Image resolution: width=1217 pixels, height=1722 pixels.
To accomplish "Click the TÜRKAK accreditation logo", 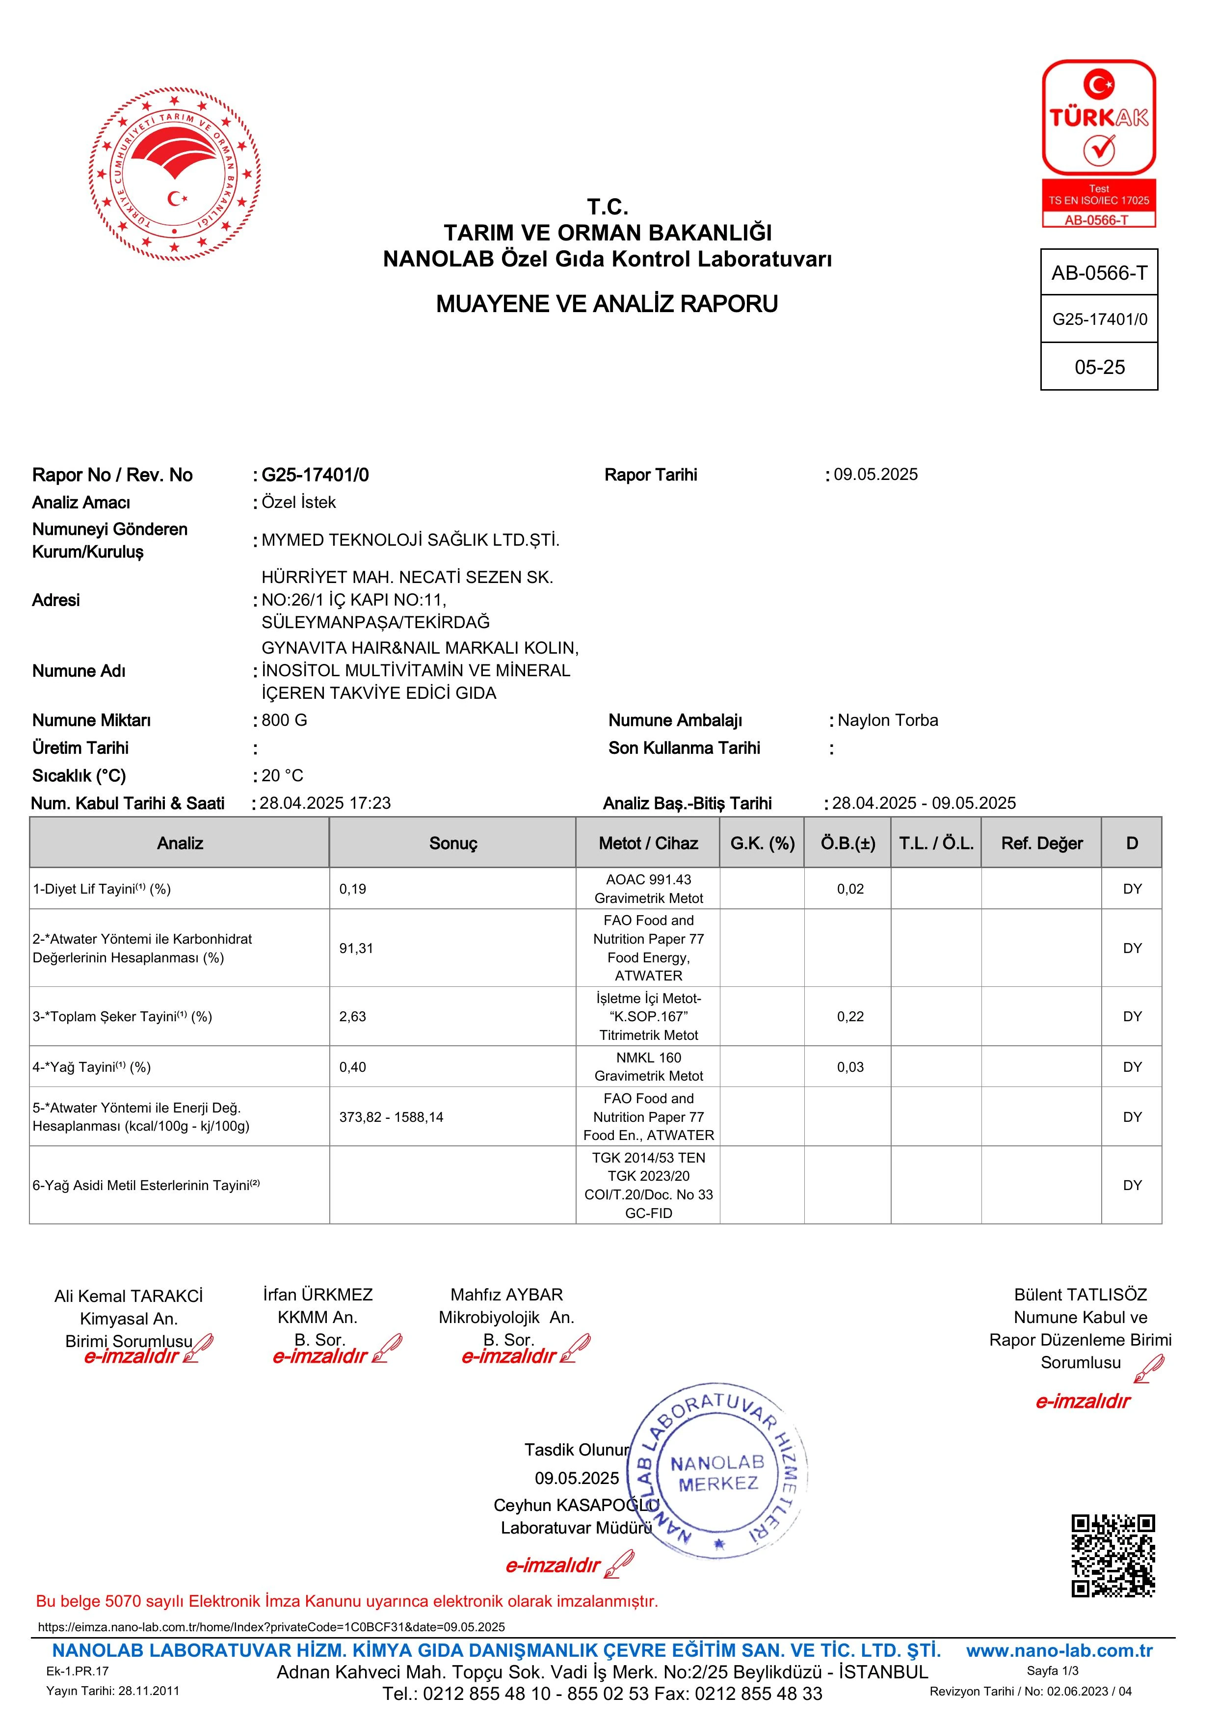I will pyautogui.click(x=1099, y=142).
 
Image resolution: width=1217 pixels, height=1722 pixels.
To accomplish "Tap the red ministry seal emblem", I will pyautogui.click(x=174, y=174).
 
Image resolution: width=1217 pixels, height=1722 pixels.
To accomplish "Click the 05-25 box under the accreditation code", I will pyautogui.click(x=1099, y=367).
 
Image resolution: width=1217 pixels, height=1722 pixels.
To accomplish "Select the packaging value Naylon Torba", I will pyautogui.click(x=888, y=720).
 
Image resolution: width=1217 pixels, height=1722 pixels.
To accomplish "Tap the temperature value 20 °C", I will pyautogui.click(x=282, y=775).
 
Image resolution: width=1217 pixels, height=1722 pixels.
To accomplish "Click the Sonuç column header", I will pyautogui.click(x=453, y=843).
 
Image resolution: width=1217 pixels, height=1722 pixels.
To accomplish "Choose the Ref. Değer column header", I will pyautogui.click(x=1041, y=843).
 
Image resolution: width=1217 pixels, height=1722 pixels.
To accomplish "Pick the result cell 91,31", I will pyautogui.click(x=356, y=948).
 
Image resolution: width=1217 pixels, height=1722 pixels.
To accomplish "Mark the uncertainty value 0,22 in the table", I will pyautogui.click(x=850, y=1016).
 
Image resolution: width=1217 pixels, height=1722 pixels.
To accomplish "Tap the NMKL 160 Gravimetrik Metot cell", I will pyautogui.click(x=649, y=1066).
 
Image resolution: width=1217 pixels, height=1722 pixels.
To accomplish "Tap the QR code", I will pyautogui.click(x=1113, y=1556).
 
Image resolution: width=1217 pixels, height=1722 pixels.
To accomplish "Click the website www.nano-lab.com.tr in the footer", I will pyautogui.click(x=1059, y=1650).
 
